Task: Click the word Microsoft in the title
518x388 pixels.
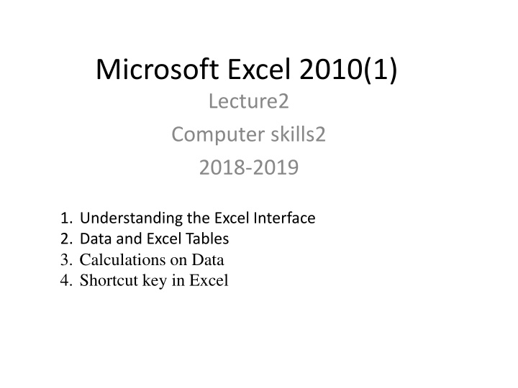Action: pos(158,69)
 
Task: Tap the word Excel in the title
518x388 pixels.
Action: pos(259,69)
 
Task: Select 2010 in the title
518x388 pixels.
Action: pos(331,69)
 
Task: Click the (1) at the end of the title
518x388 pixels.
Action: pos(380,70)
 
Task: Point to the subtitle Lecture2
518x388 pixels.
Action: pos(249,101)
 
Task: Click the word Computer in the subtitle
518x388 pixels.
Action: pos(218,135)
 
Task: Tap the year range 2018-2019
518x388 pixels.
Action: pos(249,167)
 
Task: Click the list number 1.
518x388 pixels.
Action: pos(66,218)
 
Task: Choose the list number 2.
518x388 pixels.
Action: pos(66,239)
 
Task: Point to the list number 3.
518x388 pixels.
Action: pos(66,260)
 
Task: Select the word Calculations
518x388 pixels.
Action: pos(123,259)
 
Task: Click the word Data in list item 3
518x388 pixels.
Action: pos(208,260)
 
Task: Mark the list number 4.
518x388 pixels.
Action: pos(66,280)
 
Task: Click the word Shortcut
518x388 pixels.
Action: pos(109,280)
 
